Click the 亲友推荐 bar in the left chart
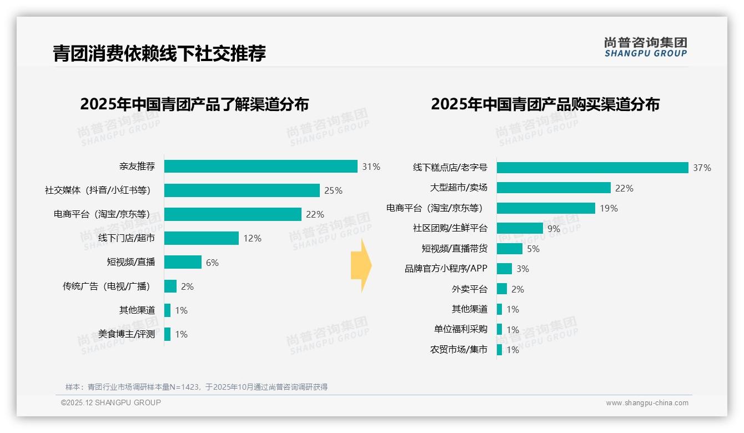(x=260, y=167)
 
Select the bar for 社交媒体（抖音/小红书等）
(x=242, y=190)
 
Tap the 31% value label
(x=371, y=167)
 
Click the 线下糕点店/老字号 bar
(x=592, y=168)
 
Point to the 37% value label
(x=702, y=168)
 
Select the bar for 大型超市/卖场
(x=554, y=188)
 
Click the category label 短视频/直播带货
(x=454, y=249)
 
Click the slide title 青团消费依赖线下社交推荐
(x=159, y=53)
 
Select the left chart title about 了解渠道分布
(x=194, y=104)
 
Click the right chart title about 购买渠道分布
(x=545, y=104)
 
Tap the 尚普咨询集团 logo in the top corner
(x=645, y=47)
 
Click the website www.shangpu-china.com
(x=647, y=403)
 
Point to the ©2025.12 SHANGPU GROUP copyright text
(x=111, y=402)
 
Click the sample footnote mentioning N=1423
(x=197, y=387)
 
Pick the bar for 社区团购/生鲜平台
(x=520, y=228)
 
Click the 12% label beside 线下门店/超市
(x=252, y=238)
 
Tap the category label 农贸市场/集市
(x=459, y=350)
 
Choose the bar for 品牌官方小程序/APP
(x=504, y=269)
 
